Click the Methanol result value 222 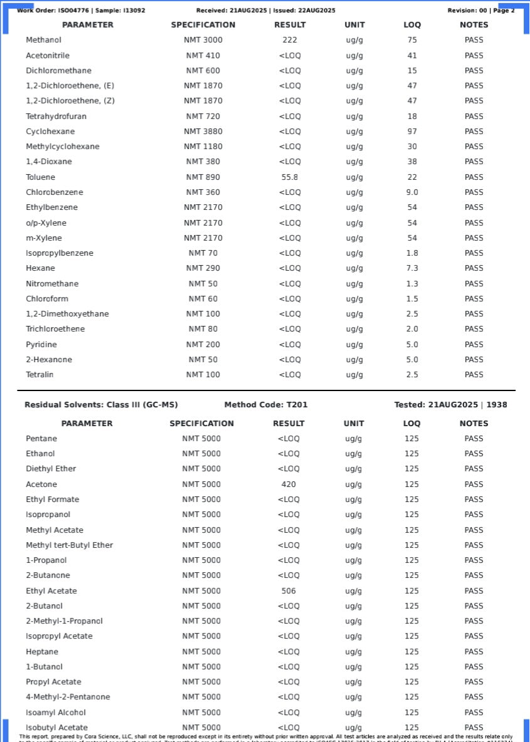tap(289, 40)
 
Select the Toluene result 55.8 tap(289, 177)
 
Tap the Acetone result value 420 tap(289, 484)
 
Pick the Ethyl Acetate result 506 tap(289, 591)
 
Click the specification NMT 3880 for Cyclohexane tap(203, 132)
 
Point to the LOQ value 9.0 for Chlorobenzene tap(412, 192)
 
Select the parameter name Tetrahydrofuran tap(56, 117)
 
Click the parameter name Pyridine tap(41, 345)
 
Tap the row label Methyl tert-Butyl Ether tap(69, 545)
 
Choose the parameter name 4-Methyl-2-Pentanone tap(68, 697)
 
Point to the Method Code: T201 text tap(266, 405)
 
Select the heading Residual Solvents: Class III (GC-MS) tap(101, 405)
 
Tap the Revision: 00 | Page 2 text tap(480, 11)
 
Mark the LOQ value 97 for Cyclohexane tap(412, 132)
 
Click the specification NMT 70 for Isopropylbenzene tap(203, 253)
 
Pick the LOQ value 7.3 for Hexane tap(412, 268)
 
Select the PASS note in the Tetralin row tap(474, 375)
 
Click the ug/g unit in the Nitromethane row tap(354, 284)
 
